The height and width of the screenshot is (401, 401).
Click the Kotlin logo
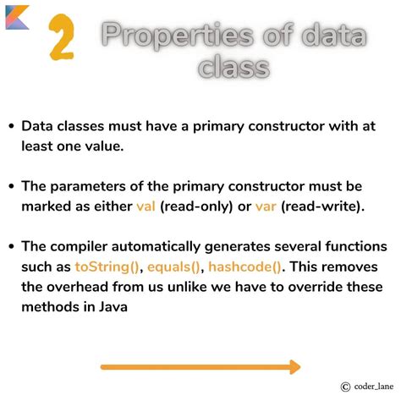[x=17, y=18]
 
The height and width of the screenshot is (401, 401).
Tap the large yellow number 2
[x=61, y=37]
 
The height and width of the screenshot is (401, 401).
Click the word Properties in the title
[x=178, y=35]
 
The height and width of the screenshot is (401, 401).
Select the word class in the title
[x=233, y=68]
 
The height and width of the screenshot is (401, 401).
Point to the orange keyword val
[x=146, y=206]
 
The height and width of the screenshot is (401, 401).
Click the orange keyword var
[x=266, y=206]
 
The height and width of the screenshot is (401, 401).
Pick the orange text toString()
[x=107, y=266]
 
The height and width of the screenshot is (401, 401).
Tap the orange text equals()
[x=173, y=266]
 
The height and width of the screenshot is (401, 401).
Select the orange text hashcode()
[x=244, y=266]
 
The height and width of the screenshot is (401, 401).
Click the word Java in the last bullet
[x=113, y=307]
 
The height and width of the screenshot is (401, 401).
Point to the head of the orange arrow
[x=295, y=367]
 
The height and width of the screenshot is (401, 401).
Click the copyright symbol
[x=345, y=387]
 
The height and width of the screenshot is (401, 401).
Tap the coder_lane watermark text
[x=374, y=387]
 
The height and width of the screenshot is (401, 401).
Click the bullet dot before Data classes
[x=11, y=126]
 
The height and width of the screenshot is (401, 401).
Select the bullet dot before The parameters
[x=11, y=186]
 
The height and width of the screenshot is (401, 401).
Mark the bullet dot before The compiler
[x=11, y=247]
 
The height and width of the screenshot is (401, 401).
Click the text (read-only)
[x=196, y=206]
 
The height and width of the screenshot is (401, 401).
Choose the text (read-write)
[x=322, y=206]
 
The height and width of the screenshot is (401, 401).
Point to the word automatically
[x=156, y=247]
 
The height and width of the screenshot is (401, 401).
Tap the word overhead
[x=77, y=287]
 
